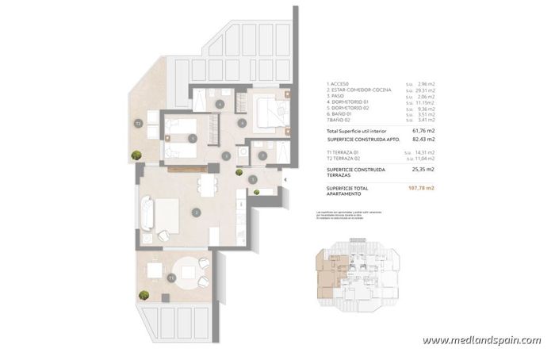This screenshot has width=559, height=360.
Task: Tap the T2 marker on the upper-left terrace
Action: click(x=137, y=123)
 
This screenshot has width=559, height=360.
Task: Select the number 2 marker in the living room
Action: click(x=194, y=213)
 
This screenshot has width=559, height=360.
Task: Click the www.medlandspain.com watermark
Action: click(x=481, y=340)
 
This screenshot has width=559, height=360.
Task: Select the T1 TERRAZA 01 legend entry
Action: click(x=348, y=151)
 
